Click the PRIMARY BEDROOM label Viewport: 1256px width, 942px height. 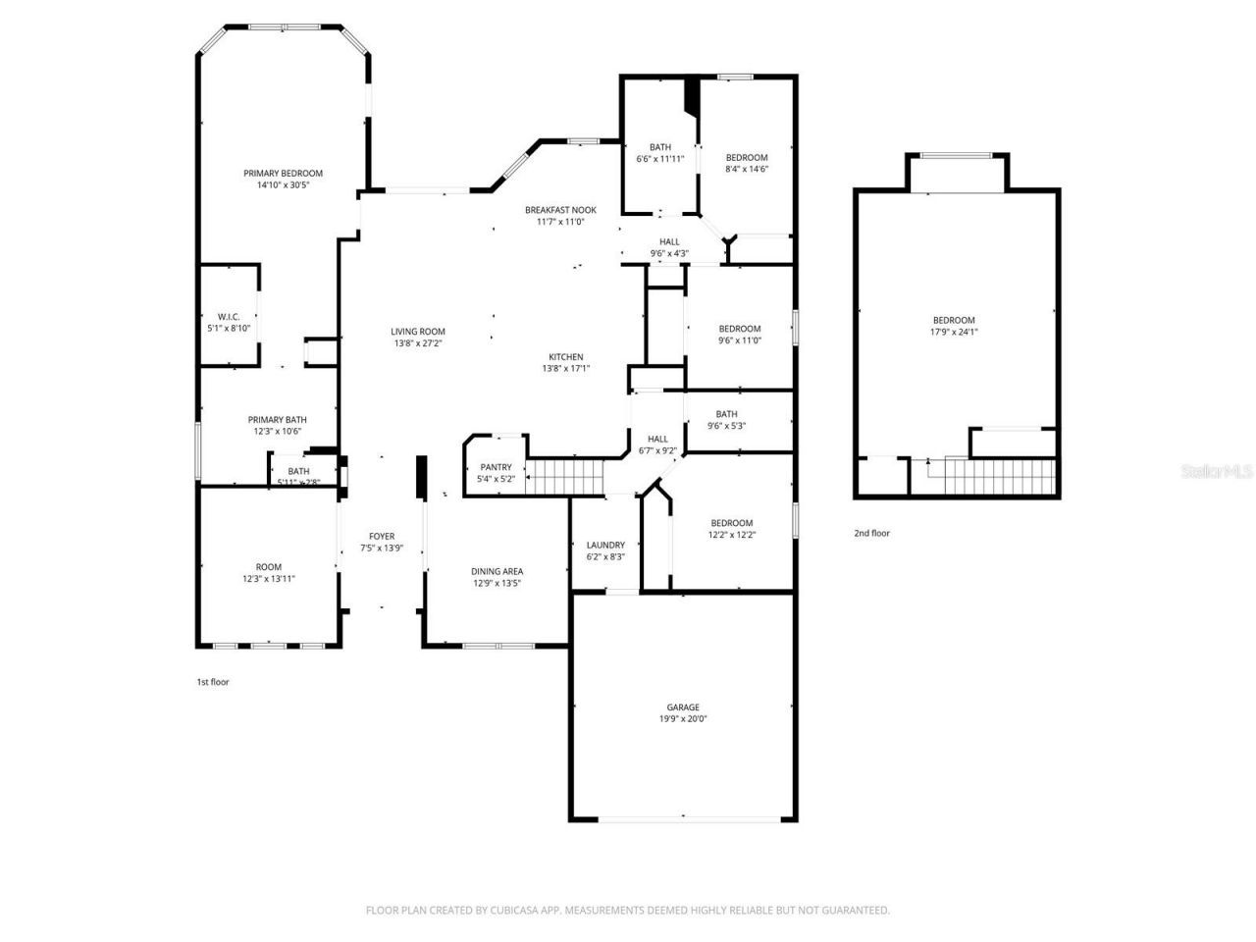click(x=283, y=174)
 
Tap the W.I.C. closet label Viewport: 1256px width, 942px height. click(x=229, y=316)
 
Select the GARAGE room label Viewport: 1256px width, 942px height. click(x=683, y=706)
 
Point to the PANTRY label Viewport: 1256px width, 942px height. click(x=496, y=467)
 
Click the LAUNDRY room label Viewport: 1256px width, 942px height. click(x=605, y=545)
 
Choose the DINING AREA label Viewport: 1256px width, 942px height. click(x=497, y=571)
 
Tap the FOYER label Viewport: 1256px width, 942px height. click(x=382, y=536)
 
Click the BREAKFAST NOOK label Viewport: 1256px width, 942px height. click(x=560, y=210)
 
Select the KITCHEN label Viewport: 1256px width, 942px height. click(x=565, y=357)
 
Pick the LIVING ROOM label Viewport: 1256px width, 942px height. click(x=418, y=332)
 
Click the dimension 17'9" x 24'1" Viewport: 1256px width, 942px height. click(x=954, y=332)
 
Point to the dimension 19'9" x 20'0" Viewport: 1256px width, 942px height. click(x=683, y=718)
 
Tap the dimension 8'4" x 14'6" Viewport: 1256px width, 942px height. click(x=746, y=169)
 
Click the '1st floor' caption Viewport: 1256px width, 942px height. click(x=213, y=681)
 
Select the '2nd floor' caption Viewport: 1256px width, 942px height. click(x=871, y=533)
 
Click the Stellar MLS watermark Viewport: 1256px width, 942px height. click(x=1217, y=471)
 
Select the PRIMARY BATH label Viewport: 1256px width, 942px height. click(x=277, y=420)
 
